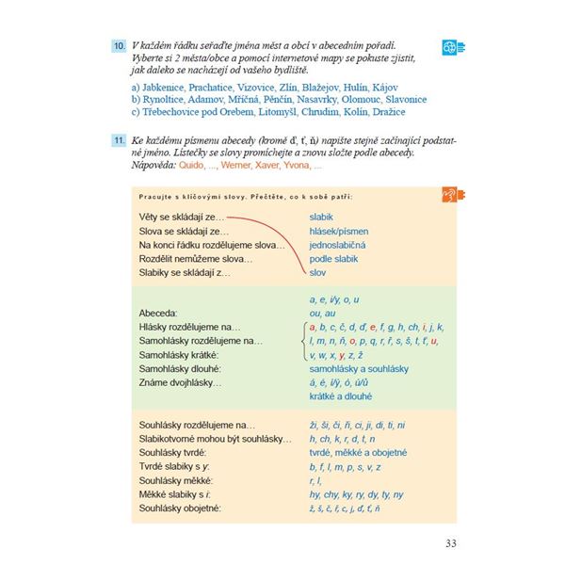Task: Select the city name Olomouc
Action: [x=356, y=99]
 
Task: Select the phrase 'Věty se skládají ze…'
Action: [x=176, y=218]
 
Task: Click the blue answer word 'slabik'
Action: [x=321, y=218]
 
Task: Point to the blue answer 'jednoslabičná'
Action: [x=337, y=245]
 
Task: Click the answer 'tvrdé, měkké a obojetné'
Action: [x=363, y=453]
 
